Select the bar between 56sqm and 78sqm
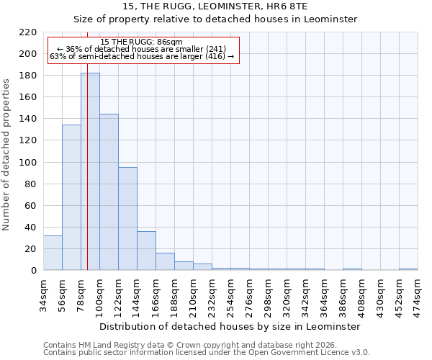[71, 197]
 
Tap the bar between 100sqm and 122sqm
[109, 192]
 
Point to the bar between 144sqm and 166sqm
[146, 251]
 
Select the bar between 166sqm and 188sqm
[165, 261]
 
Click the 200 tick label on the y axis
[28, 54]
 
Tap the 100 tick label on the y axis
[28, 162]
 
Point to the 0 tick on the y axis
[33, 271]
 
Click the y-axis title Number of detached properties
[7, 155]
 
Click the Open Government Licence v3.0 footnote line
[207, 352]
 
